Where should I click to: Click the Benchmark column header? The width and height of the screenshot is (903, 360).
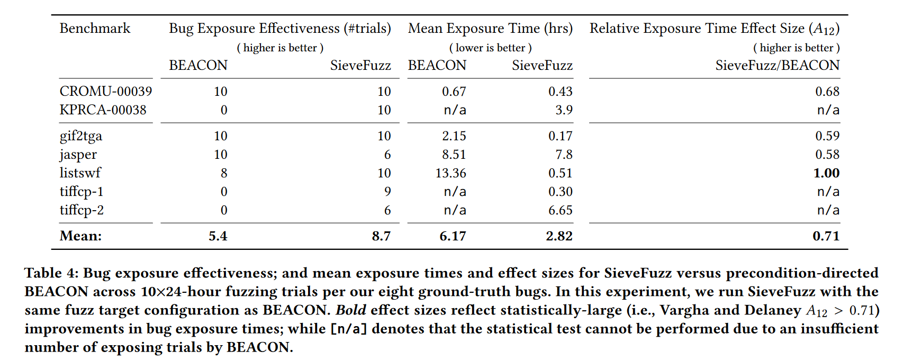[95, 29]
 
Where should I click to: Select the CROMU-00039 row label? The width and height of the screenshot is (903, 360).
[106, 92]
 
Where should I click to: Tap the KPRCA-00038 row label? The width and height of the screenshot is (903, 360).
[103, 110]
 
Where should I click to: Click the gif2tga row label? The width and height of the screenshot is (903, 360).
[81, 137]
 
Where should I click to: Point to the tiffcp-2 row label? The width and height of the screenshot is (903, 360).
[82, 210]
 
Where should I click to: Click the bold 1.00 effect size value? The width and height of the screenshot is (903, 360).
[826, 173]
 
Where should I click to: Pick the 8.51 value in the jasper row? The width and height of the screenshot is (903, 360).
[454, 155]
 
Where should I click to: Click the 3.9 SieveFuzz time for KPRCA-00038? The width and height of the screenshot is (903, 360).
[564, 110]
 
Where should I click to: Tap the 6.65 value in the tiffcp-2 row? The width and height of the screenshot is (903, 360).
[560, 210]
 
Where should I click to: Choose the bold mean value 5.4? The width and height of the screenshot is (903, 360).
[218, 236]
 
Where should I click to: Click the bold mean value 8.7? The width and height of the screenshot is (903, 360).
[381, 236]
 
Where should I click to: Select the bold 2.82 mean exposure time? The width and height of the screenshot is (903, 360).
[559, 236]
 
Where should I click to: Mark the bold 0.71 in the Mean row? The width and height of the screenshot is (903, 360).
[826, 236]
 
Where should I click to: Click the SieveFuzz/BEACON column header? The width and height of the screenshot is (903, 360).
[777, 66]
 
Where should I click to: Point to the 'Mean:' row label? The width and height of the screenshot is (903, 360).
[80, 236]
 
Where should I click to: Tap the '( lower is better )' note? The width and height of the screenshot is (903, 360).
[490, 48]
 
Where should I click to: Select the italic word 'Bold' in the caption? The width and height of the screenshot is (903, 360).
[350, 310]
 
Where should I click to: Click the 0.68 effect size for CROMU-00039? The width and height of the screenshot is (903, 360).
[827, 92]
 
